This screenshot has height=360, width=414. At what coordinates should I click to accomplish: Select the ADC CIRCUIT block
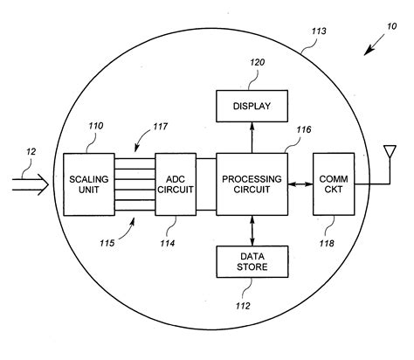tap(175, 183)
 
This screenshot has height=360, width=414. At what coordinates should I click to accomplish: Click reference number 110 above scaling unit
tap(95, 126)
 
